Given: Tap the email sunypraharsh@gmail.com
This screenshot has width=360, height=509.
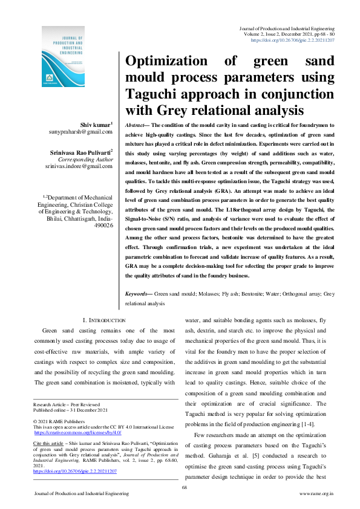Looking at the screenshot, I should (81, 131).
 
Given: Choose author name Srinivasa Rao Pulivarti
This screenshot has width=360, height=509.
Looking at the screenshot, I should (82, 154).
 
